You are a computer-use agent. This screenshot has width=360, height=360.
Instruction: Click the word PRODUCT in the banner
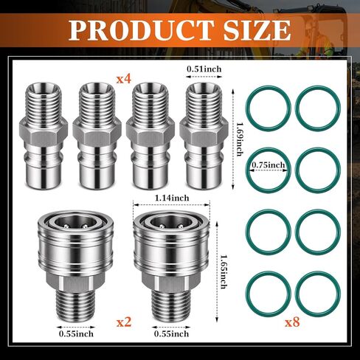[141, 30]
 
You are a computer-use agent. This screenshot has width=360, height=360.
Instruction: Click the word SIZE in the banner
[257, 30]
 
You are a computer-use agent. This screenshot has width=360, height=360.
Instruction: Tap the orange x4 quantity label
[124, 79]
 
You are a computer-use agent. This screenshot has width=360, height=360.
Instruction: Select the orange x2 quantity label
[124, 322]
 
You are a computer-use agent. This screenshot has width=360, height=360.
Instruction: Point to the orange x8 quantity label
[292, 322]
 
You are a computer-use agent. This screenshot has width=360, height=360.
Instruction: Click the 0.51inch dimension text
[204, 69]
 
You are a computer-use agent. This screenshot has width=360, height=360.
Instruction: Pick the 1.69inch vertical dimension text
[240, 139]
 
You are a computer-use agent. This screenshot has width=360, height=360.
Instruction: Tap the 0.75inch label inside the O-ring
[268, 165]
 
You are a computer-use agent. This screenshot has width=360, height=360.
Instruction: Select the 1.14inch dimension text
[172, 198]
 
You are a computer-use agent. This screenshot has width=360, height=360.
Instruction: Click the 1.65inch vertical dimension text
[224, 271]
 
